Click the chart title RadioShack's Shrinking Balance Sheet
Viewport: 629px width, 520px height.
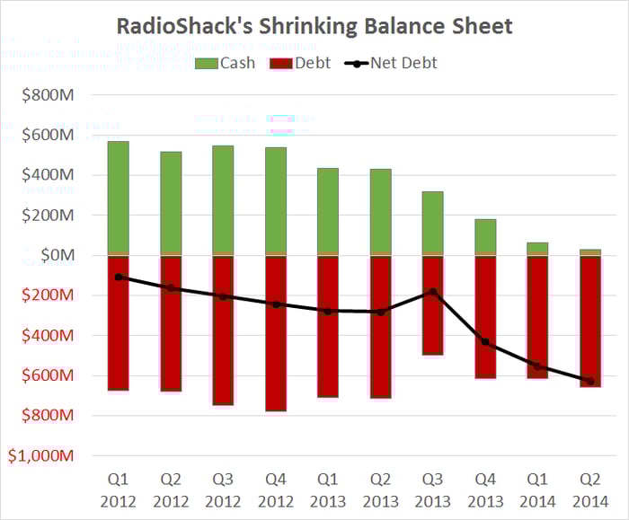(314, 25)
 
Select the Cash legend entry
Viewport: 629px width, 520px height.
(226, 63)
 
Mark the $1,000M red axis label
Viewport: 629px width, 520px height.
(40, 454)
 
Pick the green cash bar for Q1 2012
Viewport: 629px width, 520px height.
(118, 198)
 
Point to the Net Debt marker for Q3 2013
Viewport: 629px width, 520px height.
(433, 291)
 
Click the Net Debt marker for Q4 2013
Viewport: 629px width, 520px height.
(485, 341)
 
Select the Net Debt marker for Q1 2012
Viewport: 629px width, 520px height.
(118, 277)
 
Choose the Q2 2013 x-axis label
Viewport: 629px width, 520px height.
(380, 492)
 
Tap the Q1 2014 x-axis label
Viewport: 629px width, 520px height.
(537, 492)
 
